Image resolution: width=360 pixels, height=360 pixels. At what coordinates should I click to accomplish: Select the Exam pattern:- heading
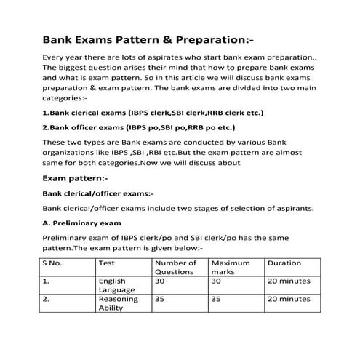76,177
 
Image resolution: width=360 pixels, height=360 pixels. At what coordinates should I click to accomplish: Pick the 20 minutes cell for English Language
289,280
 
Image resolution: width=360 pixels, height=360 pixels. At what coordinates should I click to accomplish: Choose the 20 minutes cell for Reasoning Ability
289,298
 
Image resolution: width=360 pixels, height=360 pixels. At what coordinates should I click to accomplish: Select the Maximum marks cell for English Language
216,280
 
